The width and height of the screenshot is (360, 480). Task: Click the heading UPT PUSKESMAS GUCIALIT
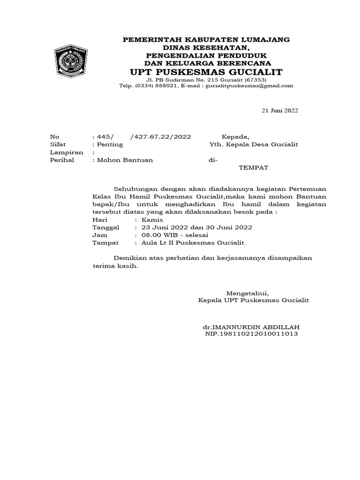pyautogui.click(x=206, y=72)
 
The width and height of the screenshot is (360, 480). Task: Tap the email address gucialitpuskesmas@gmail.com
pyautogui.click(x=249, y=86)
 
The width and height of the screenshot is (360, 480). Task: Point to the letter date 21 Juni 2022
pyautogui.click(x=279, y=111)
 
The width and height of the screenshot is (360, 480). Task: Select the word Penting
pyautogui.click(x=109, y=144)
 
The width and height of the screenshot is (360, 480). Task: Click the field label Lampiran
pyautogui.click(x=67, y=152)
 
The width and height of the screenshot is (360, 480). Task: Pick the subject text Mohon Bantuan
pyautogui.click(x=124, y=160)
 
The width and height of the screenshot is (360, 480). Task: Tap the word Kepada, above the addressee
pyautogui.click(x=236, y=136)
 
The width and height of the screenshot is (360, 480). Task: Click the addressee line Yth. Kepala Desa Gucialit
pyautogui.click(x=254, y=144)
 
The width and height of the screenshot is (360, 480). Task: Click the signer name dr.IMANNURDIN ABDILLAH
pyautogui.click(x=251, y=326)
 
